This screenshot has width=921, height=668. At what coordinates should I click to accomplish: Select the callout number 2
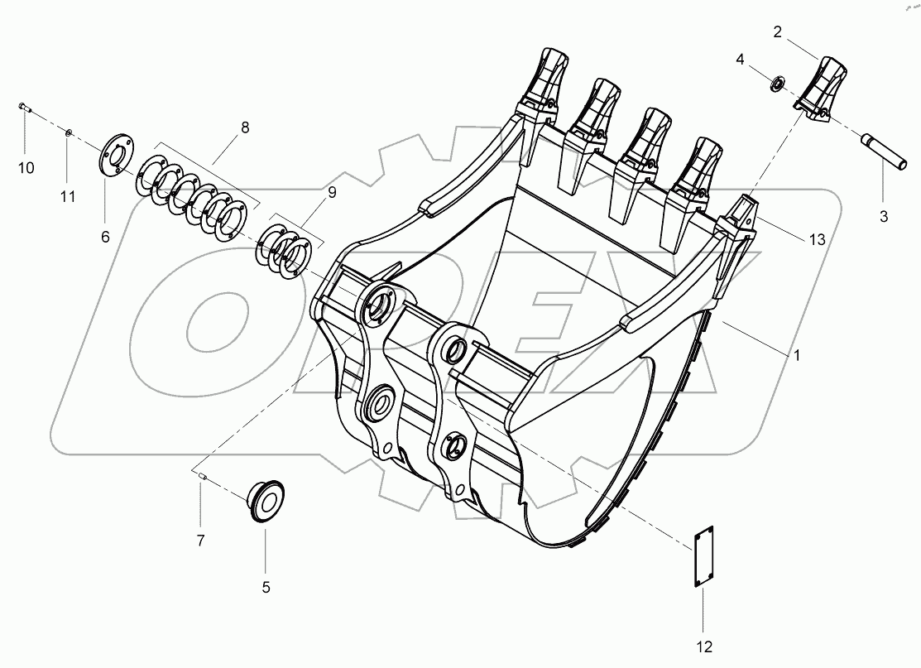click(777, 32)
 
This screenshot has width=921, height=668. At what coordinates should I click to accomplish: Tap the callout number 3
click(883, 217)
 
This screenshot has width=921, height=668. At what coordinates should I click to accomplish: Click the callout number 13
click(817, 240)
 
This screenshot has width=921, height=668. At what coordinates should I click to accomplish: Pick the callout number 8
click(244, 127)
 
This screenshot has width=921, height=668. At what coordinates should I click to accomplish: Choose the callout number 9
click(331, 192)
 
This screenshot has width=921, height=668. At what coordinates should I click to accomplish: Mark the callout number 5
click(266, 587)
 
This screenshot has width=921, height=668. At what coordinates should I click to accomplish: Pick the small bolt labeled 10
click(24, 107)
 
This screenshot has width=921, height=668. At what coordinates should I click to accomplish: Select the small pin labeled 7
click(201, 475)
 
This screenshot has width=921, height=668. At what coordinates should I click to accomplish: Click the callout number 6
click(105, 237)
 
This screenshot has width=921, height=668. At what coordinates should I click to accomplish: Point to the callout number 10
click(26, 168)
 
